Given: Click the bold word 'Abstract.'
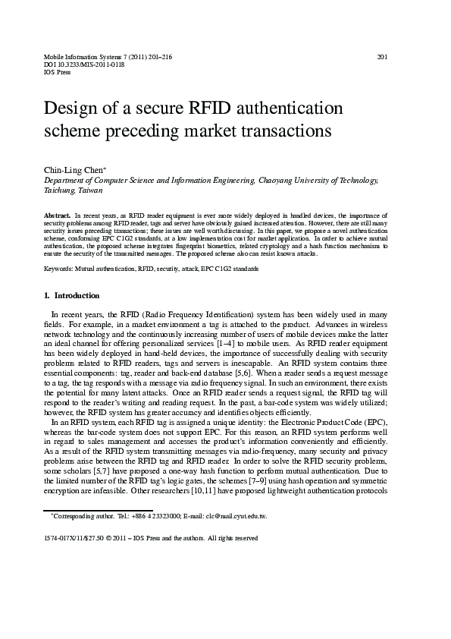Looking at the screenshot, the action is [58, 216].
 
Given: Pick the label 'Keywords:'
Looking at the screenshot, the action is [61, 269].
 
